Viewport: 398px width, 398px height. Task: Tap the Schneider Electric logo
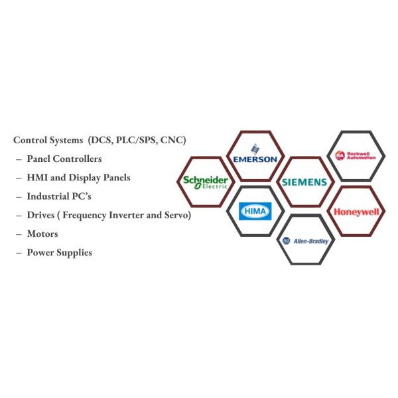click(x=206, y=182)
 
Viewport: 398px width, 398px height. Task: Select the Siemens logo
click(x=304, y=182)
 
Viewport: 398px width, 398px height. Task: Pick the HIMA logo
click(x=255, y=210)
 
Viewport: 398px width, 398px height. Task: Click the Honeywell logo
click(x=356, y=212)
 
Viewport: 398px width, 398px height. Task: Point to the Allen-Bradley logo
click(x=305, y=241)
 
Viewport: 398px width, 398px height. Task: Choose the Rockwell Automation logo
click(x=356, y=155)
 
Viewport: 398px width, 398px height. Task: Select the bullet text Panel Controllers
click(x=64, y=159)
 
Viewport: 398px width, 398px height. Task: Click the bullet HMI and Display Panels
click(x=78, y=178)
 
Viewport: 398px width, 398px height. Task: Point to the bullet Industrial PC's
click(x=62, y=196)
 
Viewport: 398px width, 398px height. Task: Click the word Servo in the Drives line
click(x=175, y=215)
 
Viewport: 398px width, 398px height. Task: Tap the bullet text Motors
click(x=42, y=233)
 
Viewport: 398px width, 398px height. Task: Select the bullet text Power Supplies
click(x=59, y=252)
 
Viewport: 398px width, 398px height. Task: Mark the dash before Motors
click(x=19, y=233)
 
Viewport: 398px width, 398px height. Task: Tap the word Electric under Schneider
click(x=214, y=186)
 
